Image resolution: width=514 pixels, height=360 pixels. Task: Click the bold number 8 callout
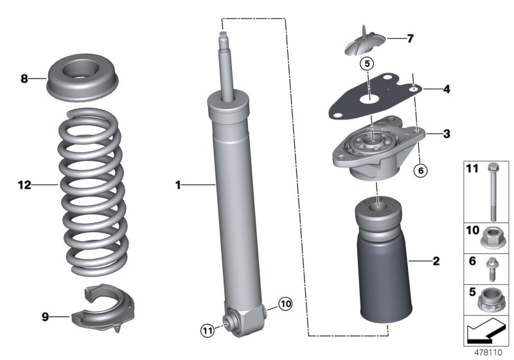(x=24, y=79)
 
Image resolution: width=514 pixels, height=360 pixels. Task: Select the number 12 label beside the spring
(x=24, y=185)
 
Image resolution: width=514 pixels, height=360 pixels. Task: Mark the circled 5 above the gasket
(x=366, y=64)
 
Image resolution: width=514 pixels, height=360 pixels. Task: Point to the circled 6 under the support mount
(x=421, y=170)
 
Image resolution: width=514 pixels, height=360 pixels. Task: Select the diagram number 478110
(x=488, y=354)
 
